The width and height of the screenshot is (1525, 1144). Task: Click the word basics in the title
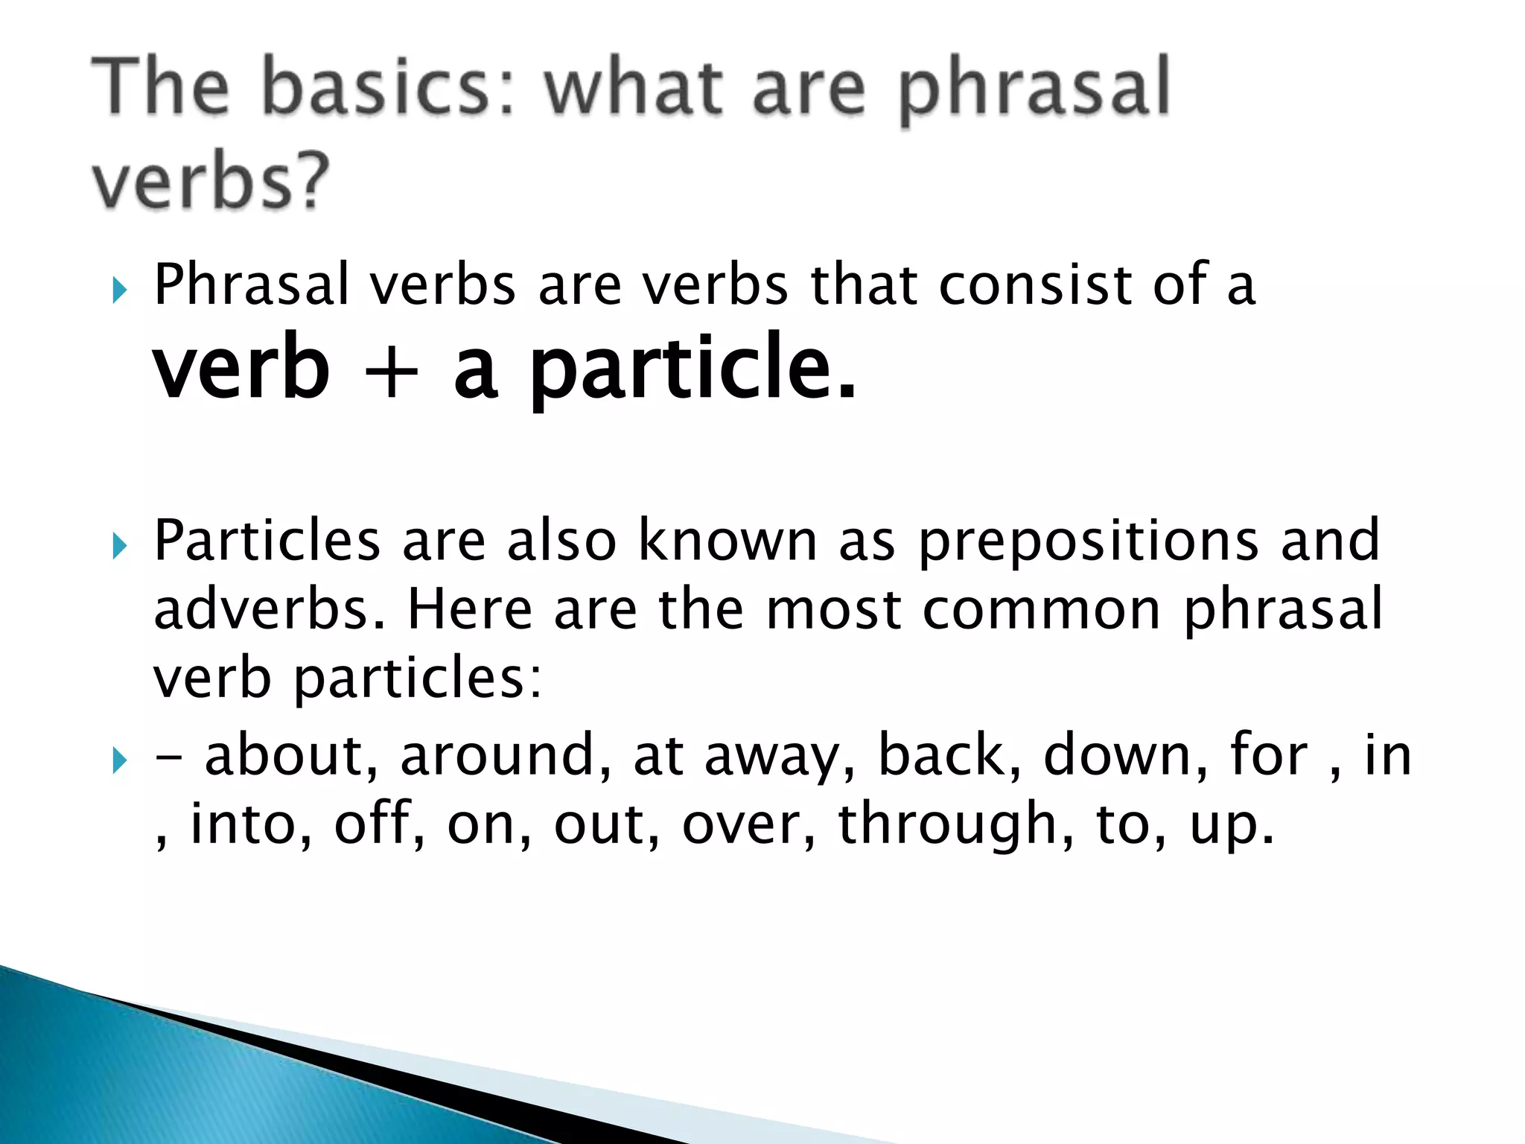click(387, 89)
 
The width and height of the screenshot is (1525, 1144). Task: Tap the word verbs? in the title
click(211, 181)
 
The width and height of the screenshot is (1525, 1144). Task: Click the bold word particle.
click(693, 369)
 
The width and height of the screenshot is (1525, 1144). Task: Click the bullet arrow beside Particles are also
click(120, 547)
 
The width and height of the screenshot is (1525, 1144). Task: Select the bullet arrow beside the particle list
click(120, 761)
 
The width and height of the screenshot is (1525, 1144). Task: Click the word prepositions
click(1087, 542)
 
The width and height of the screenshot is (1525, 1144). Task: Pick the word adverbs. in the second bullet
click(269, 609)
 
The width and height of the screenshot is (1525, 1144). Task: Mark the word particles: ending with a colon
click(418, 679)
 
